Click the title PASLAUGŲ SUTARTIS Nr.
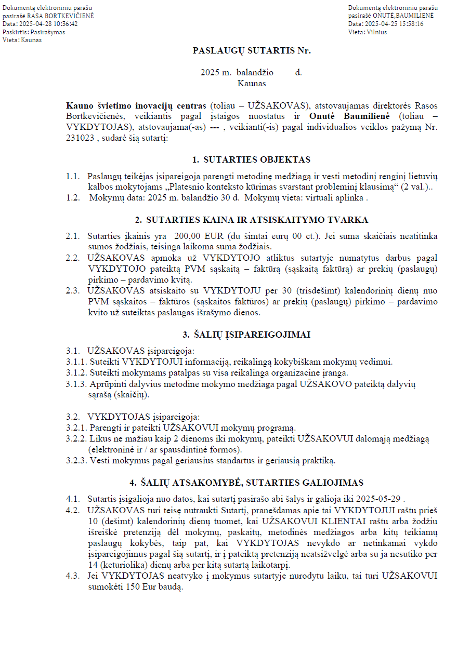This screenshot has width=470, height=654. click(x=252, y=51)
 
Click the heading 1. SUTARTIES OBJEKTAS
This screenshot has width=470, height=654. click(x=251, y=160)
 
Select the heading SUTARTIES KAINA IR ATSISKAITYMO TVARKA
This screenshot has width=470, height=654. click(x=257, y=220)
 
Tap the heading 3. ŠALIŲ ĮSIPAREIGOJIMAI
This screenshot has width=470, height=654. click(x=251, y=335)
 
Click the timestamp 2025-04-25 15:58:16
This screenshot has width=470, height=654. click(x=394, y=24)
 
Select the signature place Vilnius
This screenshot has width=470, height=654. click(x=375, y=32)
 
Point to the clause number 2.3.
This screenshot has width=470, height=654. click(x=73, y=290)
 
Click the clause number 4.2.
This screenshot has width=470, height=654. click(x=73, y=510)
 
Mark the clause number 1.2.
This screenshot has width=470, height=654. click(x=73, y=197)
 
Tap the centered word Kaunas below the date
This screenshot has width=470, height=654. click(x=252, y=83)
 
